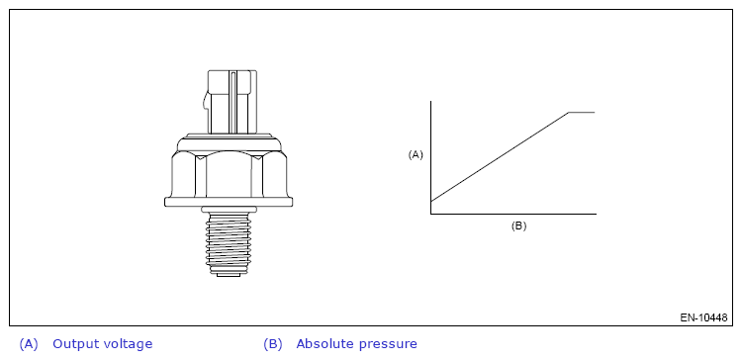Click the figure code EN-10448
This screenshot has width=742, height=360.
click(x=703, y=317)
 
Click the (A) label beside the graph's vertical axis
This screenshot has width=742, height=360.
click(x=416, y=154)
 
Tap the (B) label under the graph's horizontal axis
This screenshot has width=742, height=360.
click(x=518, y=225)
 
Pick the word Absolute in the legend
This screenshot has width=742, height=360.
click(x=325, y=344)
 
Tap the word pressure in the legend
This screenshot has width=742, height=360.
click(x=388, y=345)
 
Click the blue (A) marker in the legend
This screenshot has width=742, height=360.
click(x=29, y=344)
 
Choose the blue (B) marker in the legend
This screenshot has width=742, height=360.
click(x=273, y=344)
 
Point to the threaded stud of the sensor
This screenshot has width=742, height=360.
click(x=229, y=241)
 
